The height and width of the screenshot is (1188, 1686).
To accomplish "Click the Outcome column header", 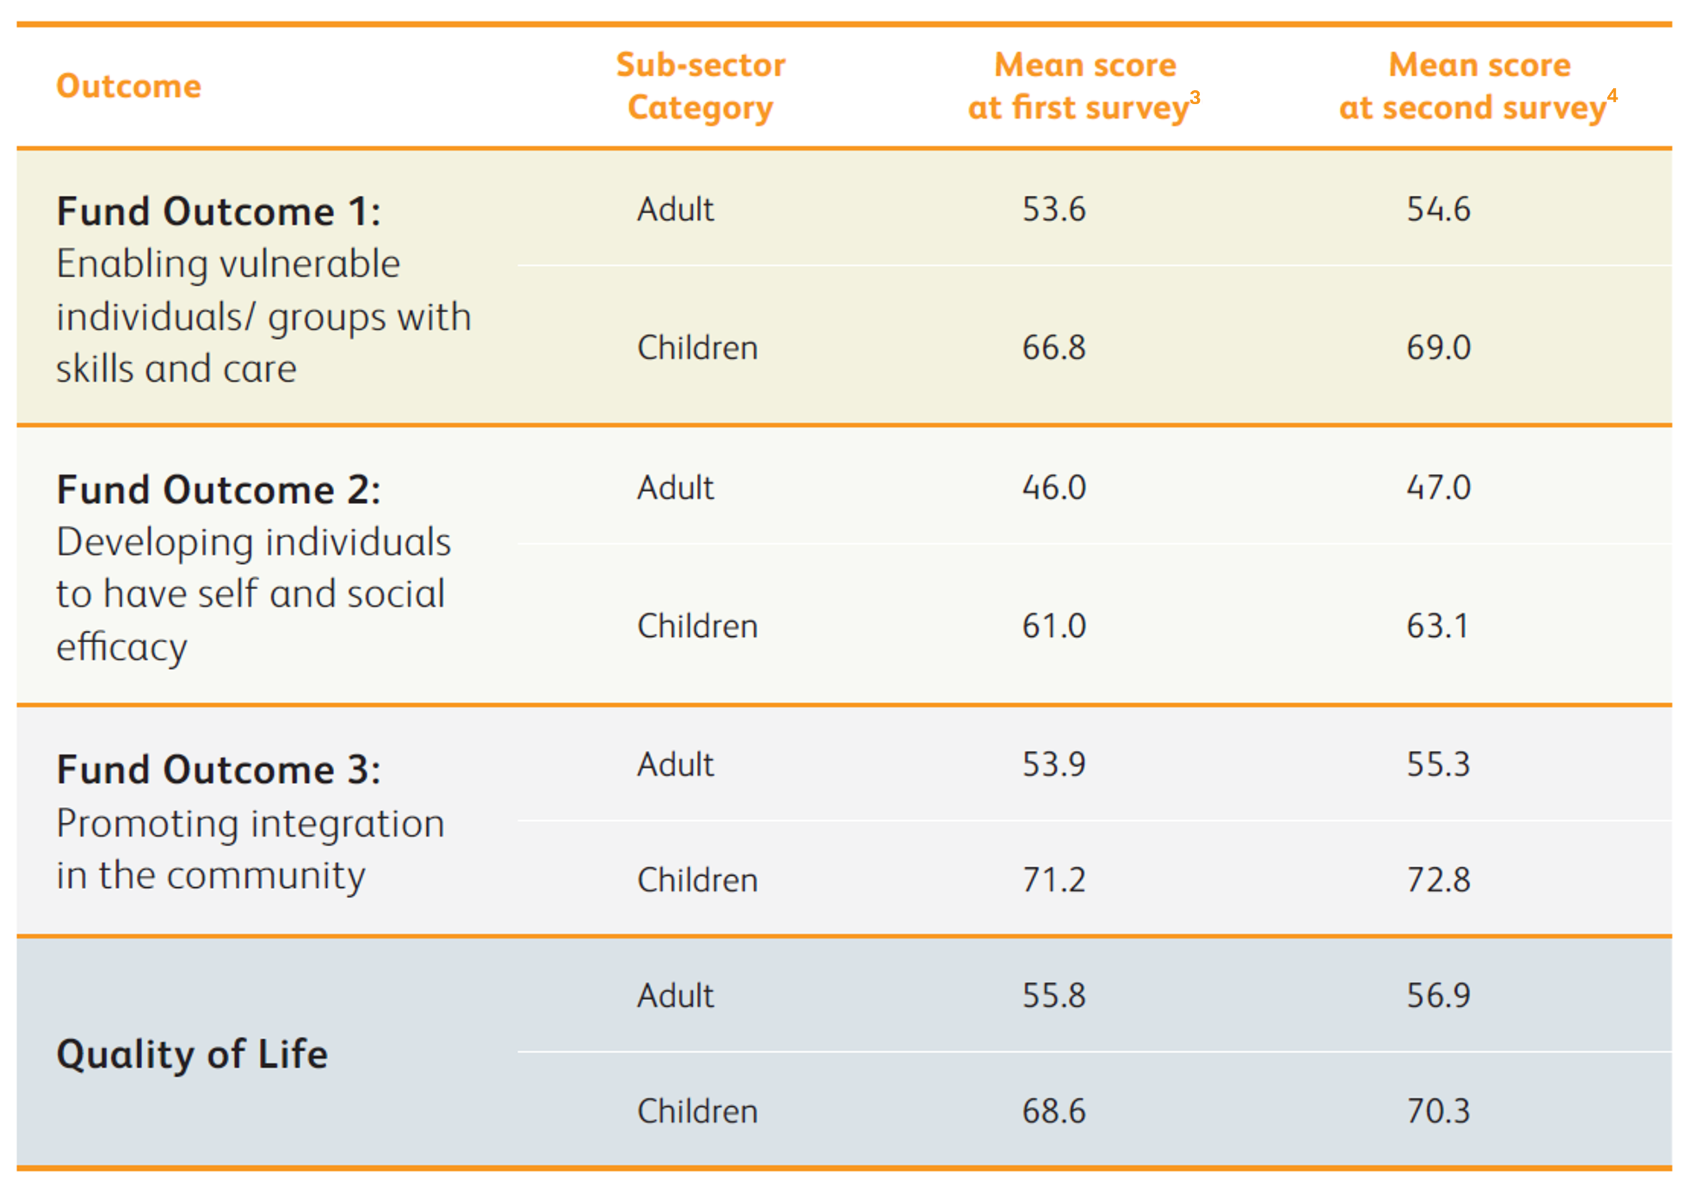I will point(128,86).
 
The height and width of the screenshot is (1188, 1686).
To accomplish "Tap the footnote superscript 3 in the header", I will point(1194,98).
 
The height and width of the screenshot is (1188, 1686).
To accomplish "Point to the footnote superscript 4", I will point(1612,96).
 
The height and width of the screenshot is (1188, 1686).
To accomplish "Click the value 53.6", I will point(1054,209).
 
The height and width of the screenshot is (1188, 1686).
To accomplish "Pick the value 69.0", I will point(1438,347).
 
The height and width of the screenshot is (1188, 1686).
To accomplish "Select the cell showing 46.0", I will point(1054,487).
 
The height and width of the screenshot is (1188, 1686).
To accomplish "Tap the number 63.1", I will point(1437,626).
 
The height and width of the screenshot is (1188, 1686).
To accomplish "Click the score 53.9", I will point(1054,764).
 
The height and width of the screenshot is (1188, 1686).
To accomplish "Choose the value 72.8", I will point(1438,880).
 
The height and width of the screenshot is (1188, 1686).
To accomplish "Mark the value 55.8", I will point(1054,995).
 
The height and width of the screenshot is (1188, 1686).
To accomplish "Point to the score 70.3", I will point(1438,1111).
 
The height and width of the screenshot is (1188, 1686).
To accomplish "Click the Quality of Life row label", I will point(193,1055).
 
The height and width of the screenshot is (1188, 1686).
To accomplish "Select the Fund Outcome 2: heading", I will point(219,489).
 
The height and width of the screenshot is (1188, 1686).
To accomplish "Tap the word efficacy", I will point(122,647).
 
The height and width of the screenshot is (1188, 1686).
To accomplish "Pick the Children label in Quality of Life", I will point(697,1111).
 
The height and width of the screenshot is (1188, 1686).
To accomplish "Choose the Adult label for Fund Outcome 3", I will point(675,764).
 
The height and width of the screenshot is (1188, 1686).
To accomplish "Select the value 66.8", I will point(1054,347).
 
